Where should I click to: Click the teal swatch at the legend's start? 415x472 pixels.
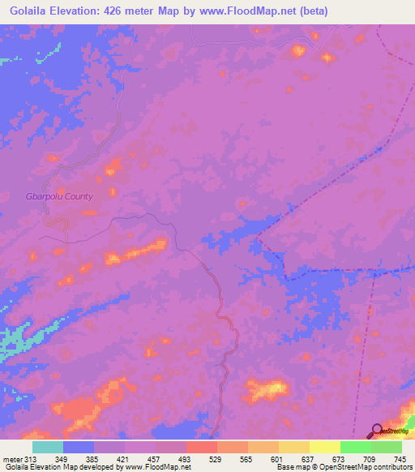[47, 447]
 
